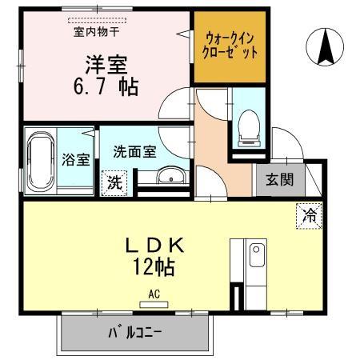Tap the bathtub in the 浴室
[39, 160]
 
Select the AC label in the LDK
[154, 293]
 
